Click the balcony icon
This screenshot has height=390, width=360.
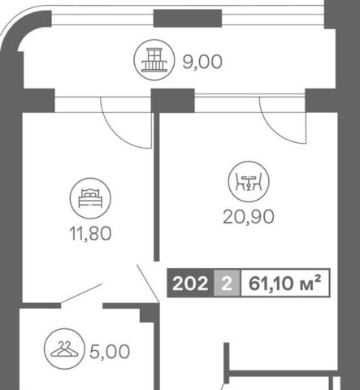(x=154, y=60)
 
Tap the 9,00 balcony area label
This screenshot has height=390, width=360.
(x=202, y=62)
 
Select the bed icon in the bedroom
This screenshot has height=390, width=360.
(x=90, y=198)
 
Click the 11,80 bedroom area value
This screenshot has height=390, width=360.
(x=90, y=233)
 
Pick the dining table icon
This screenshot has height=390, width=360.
(x=249, y=181)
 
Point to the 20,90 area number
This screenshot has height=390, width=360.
(x=249, y=217)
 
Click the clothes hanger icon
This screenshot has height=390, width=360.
(x=64, y=349)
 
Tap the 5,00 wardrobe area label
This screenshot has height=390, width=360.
(x=110, y=352)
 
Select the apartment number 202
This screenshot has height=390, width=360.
(x=190, y=284)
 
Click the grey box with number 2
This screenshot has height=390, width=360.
(x=227, y=283)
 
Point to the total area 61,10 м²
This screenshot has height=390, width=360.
(x=285, y=283)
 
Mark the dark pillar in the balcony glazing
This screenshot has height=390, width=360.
(x=188, y=18)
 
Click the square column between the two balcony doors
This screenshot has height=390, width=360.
(x=173, y=101)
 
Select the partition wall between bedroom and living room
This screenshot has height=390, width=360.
(x=156, y=187)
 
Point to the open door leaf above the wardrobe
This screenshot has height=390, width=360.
(x=81, y=294)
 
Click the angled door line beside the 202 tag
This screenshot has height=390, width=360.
(x=148, y=284)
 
